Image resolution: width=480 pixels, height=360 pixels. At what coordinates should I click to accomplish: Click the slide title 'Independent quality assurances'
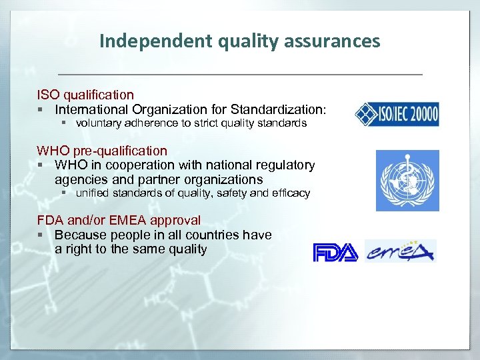point(239,41)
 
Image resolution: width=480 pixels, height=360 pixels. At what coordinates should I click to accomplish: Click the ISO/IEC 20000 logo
point(397,114)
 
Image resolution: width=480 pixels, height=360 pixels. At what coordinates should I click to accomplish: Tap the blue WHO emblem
point(407,181)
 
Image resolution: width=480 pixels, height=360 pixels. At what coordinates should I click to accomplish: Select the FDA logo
point(335,253)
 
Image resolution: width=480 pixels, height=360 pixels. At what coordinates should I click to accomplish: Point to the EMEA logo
point(400,251)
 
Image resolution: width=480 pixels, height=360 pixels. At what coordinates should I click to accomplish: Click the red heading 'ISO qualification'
point(85,95)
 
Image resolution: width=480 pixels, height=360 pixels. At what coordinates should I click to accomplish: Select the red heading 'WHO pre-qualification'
point(102,151)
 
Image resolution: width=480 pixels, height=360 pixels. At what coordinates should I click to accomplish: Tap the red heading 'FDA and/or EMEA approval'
point(119,220)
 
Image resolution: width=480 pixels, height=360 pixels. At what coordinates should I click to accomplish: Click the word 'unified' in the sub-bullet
point(92,193)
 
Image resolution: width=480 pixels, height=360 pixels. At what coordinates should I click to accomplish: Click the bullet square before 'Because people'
point(41,235)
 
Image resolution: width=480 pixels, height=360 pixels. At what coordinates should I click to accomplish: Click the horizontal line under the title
point(239,73)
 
